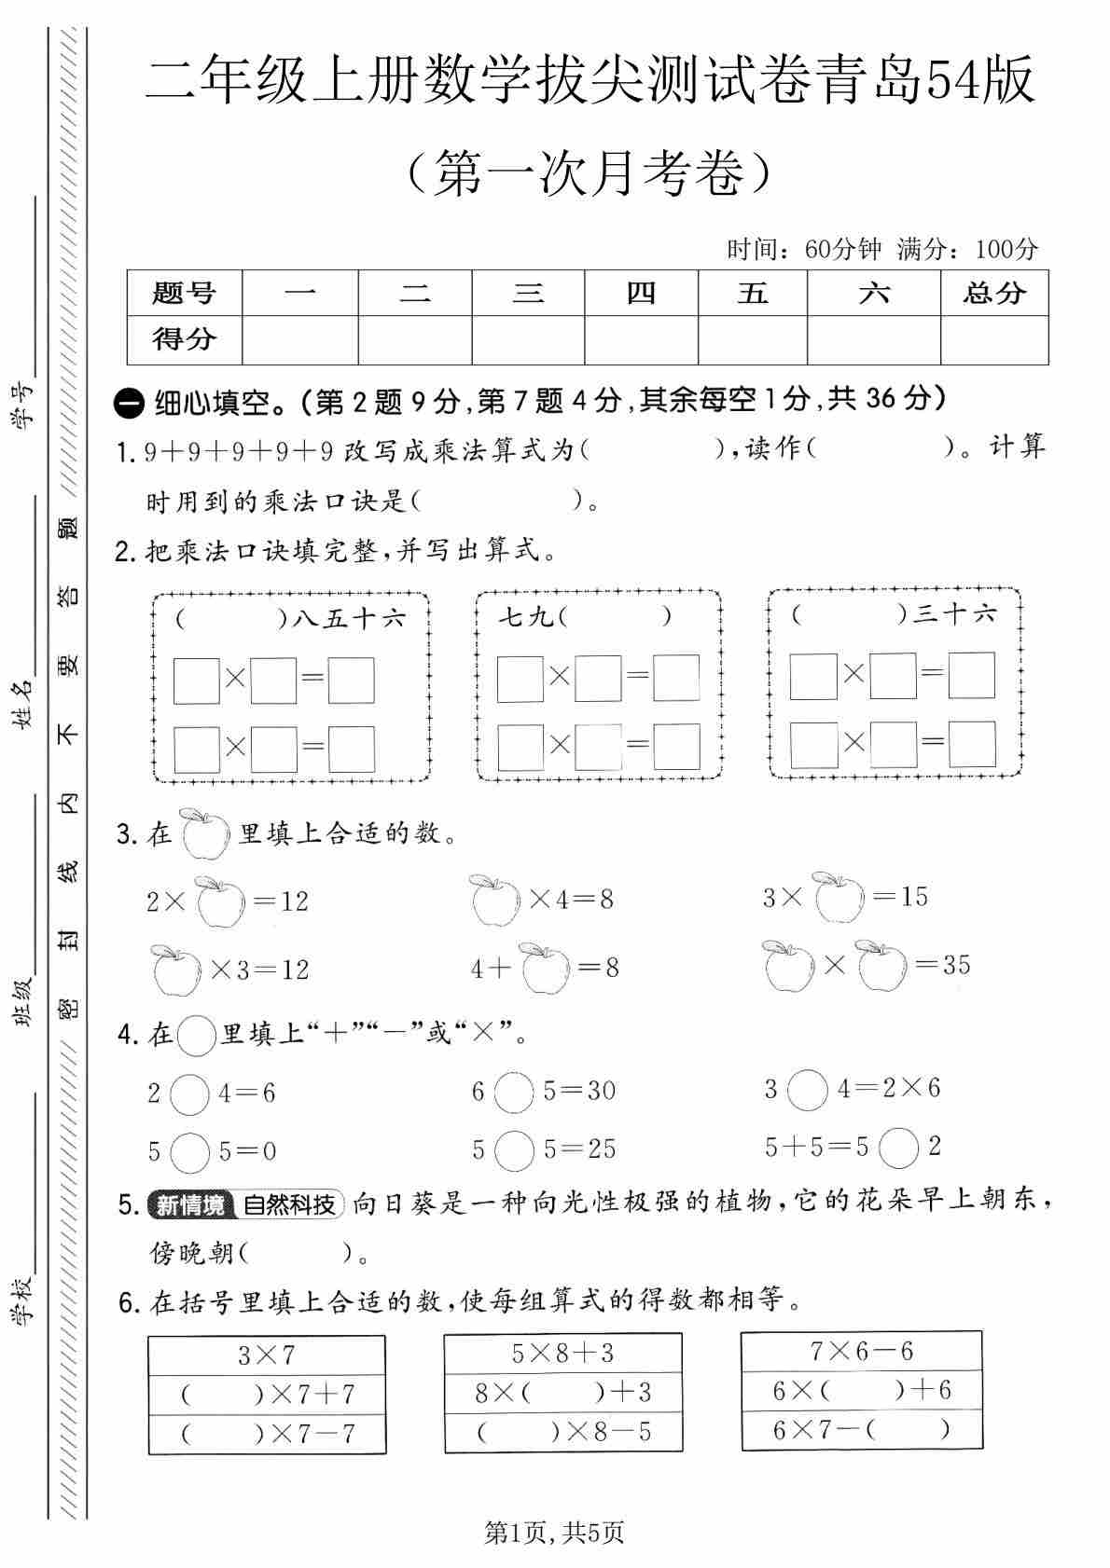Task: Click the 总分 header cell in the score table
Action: [x=994, y=293]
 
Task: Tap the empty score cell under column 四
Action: [x=641, y=339]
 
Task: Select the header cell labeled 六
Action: [x=873, y=293]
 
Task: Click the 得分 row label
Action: [x=185, y=339]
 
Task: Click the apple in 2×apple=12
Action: [x=219, y=901]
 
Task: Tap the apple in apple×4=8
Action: [x=495, y=901]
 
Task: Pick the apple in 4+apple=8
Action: [x=546, y=968]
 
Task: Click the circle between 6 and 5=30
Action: [x=513, y=1092]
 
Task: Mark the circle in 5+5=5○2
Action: [x=899, y=1148]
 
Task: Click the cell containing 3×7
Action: [x=267, y=1355]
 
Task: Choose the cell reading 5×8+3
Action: [x=562, y=1352]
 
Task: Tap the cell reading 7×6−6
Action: [x=861, y=1350]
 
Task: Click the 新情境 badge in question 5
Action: [x=189, y=1204]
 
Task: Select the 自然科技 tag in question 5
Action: [x=289, y=1204]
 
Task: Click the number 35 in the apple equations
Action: [x=956, y=964]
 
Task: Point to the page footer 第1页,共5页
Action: [x=554, y=1532]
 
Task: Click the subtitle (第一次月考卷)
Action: [x=590, y=172]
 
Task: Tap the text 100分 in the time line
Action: [x=1006, y=249]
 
